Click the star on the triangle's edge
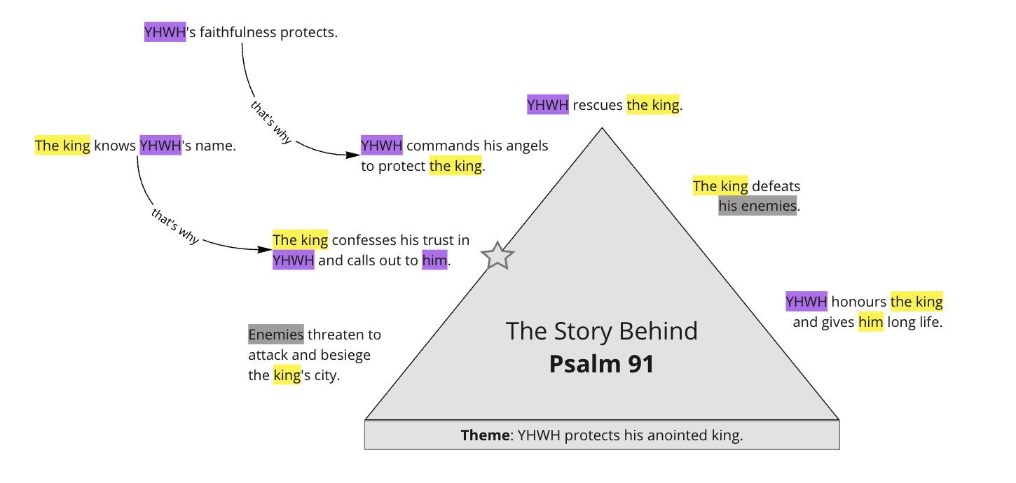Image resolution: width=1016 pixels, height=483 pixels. click(x=497, y=256)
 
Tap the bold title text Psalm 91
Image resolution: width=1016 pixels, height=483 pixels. click(x=601, y=364)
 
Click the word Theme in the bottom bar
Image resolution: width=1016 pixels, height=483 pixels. click(x=485, y=435)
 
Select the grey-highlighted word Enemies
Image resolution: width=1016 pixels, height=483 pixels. click(x=276, y=335)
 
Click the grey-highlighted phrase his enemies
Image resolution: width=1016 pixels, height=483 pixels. click(x=757, y=206)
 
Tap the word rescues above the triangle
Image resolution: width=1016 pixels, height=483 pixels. click(x=598, y=105)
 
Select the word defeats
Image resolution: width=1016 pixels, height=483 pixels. click(x=776, y=186)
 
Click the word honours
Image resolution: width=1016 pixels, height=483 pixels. click(x=858, y=302)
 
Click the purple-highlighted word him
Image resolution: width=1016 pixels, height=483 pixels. click(x=434, y=261)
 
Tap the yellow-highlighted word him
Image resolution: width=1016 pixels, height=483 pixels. click(x=871, y=323)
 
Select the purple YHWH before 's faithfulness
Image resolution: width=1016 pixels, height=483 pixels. click(x=165, y=32)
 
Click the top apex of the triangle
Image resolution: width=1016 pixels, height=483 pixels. click(x=602, y=128)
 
